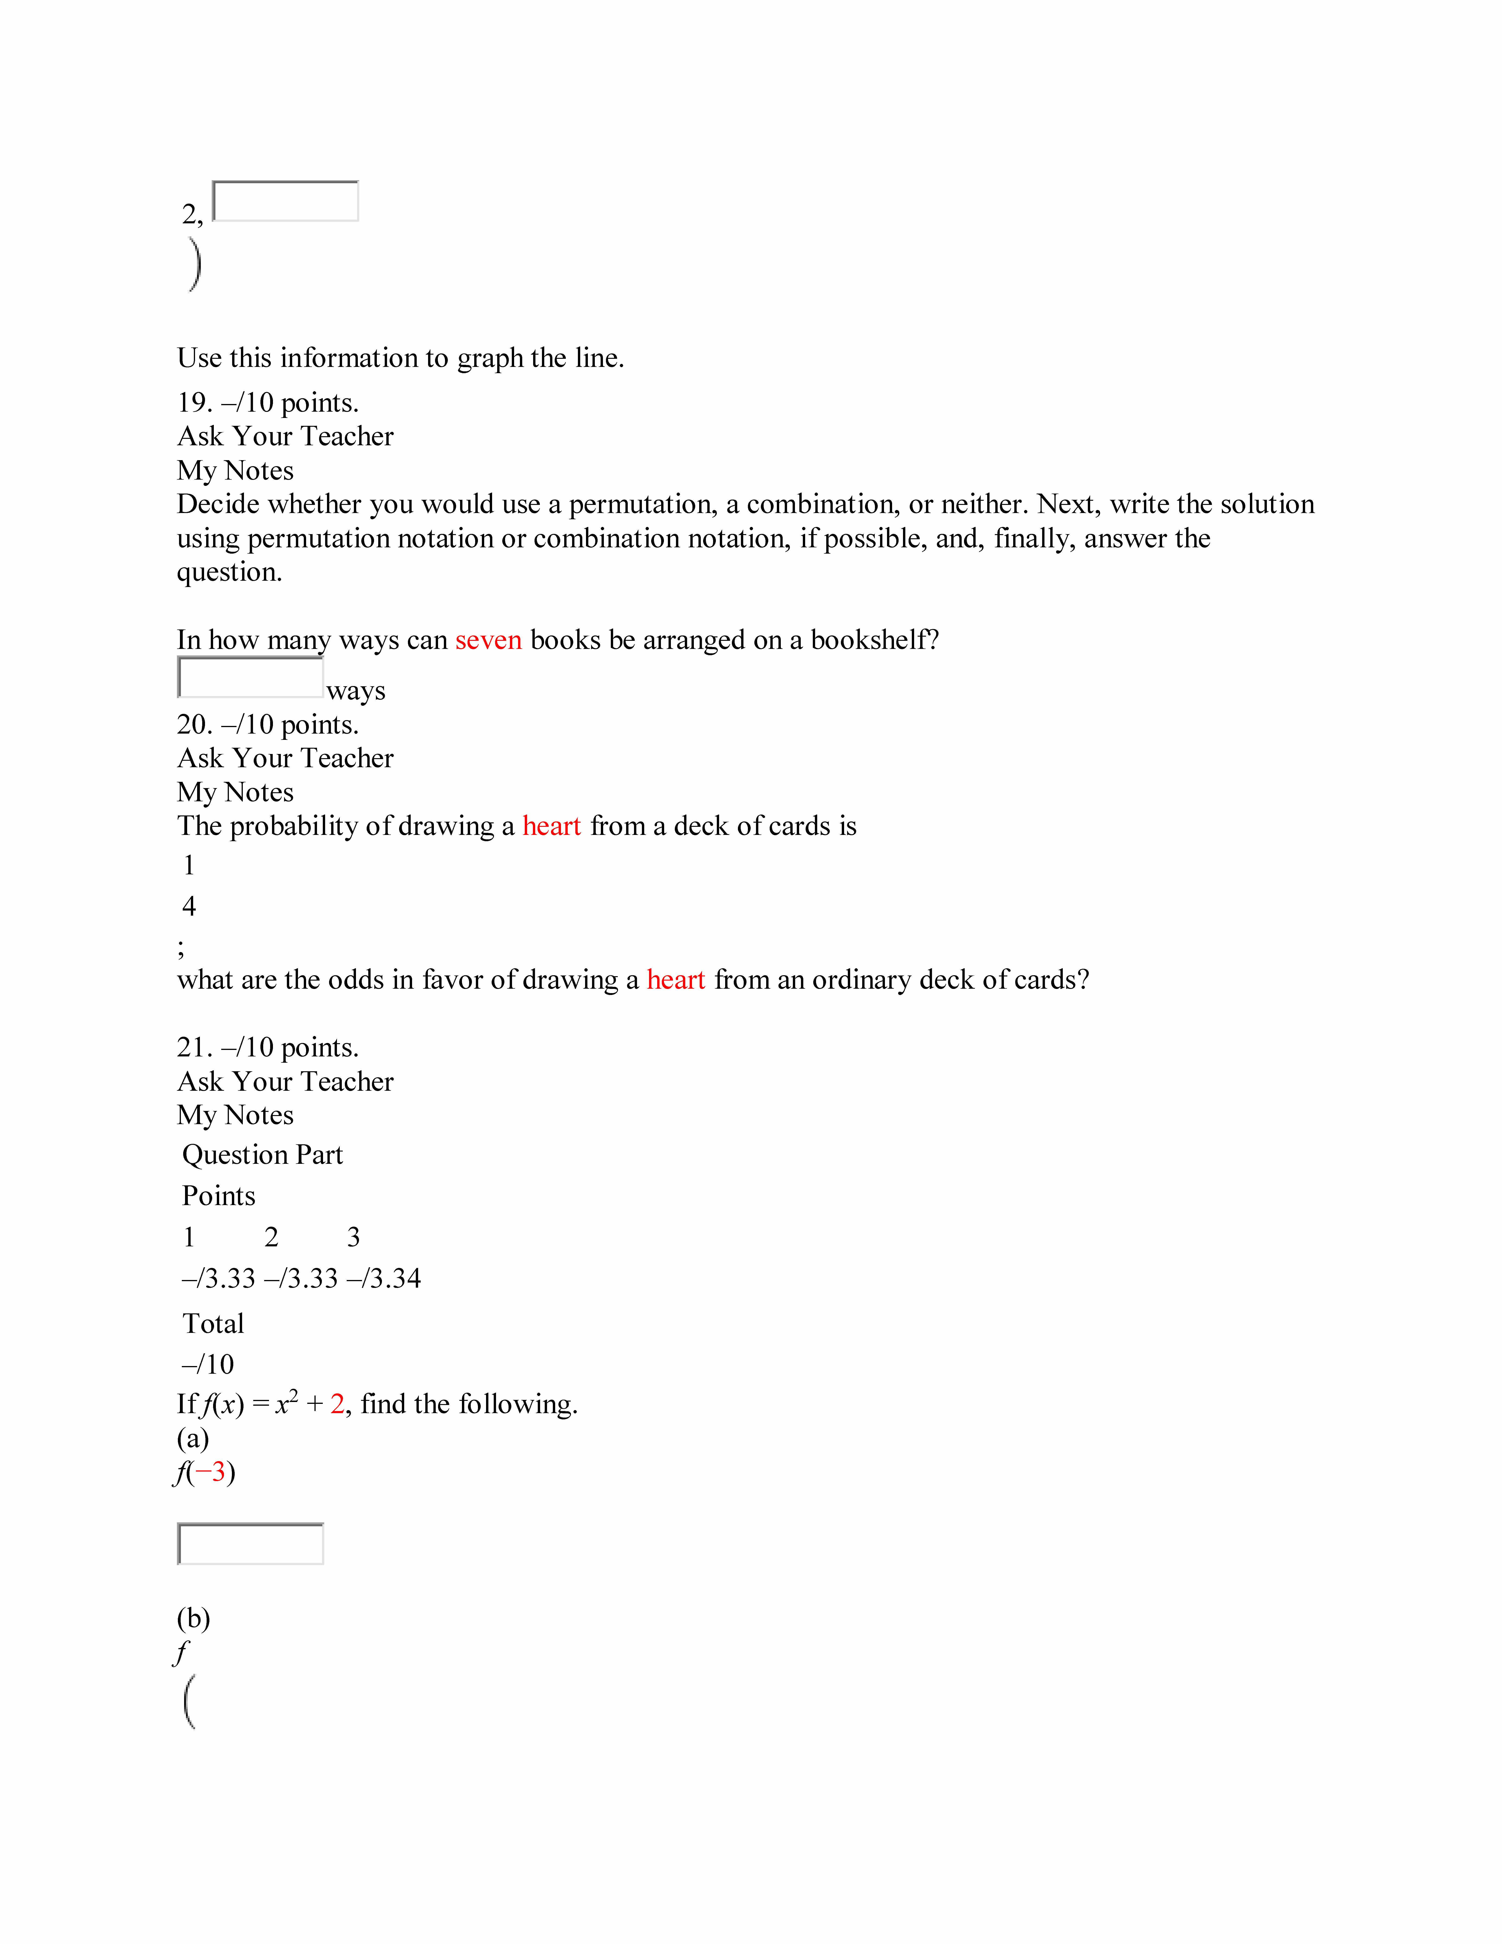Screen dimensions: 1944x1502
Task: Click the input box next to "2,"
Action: tap(286, 201)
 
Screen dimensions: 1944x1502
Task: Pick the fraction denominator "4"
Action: tap(189, 906)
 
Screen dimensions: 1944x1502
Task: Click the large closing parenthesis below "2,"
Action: tap(195, 264)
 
